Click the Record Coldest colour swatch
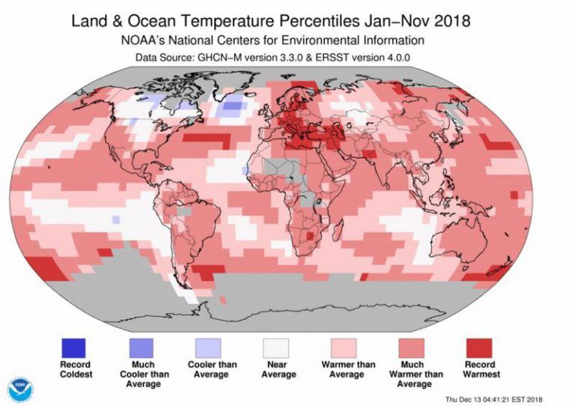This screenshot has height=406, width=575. point(75,348)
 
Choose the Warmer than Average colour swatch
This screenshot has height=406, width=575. point(344,348)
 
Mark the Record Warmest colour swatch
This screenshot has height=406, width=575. point(479,348)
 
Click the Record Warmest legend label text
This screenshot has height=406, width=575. point(479,369)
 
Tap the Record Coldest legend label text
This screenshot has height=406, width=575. point(75,369)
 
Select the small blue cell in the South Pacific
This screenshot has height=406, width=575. point(115,219)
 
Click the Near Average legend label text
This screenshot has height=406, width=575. point(277,369)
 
